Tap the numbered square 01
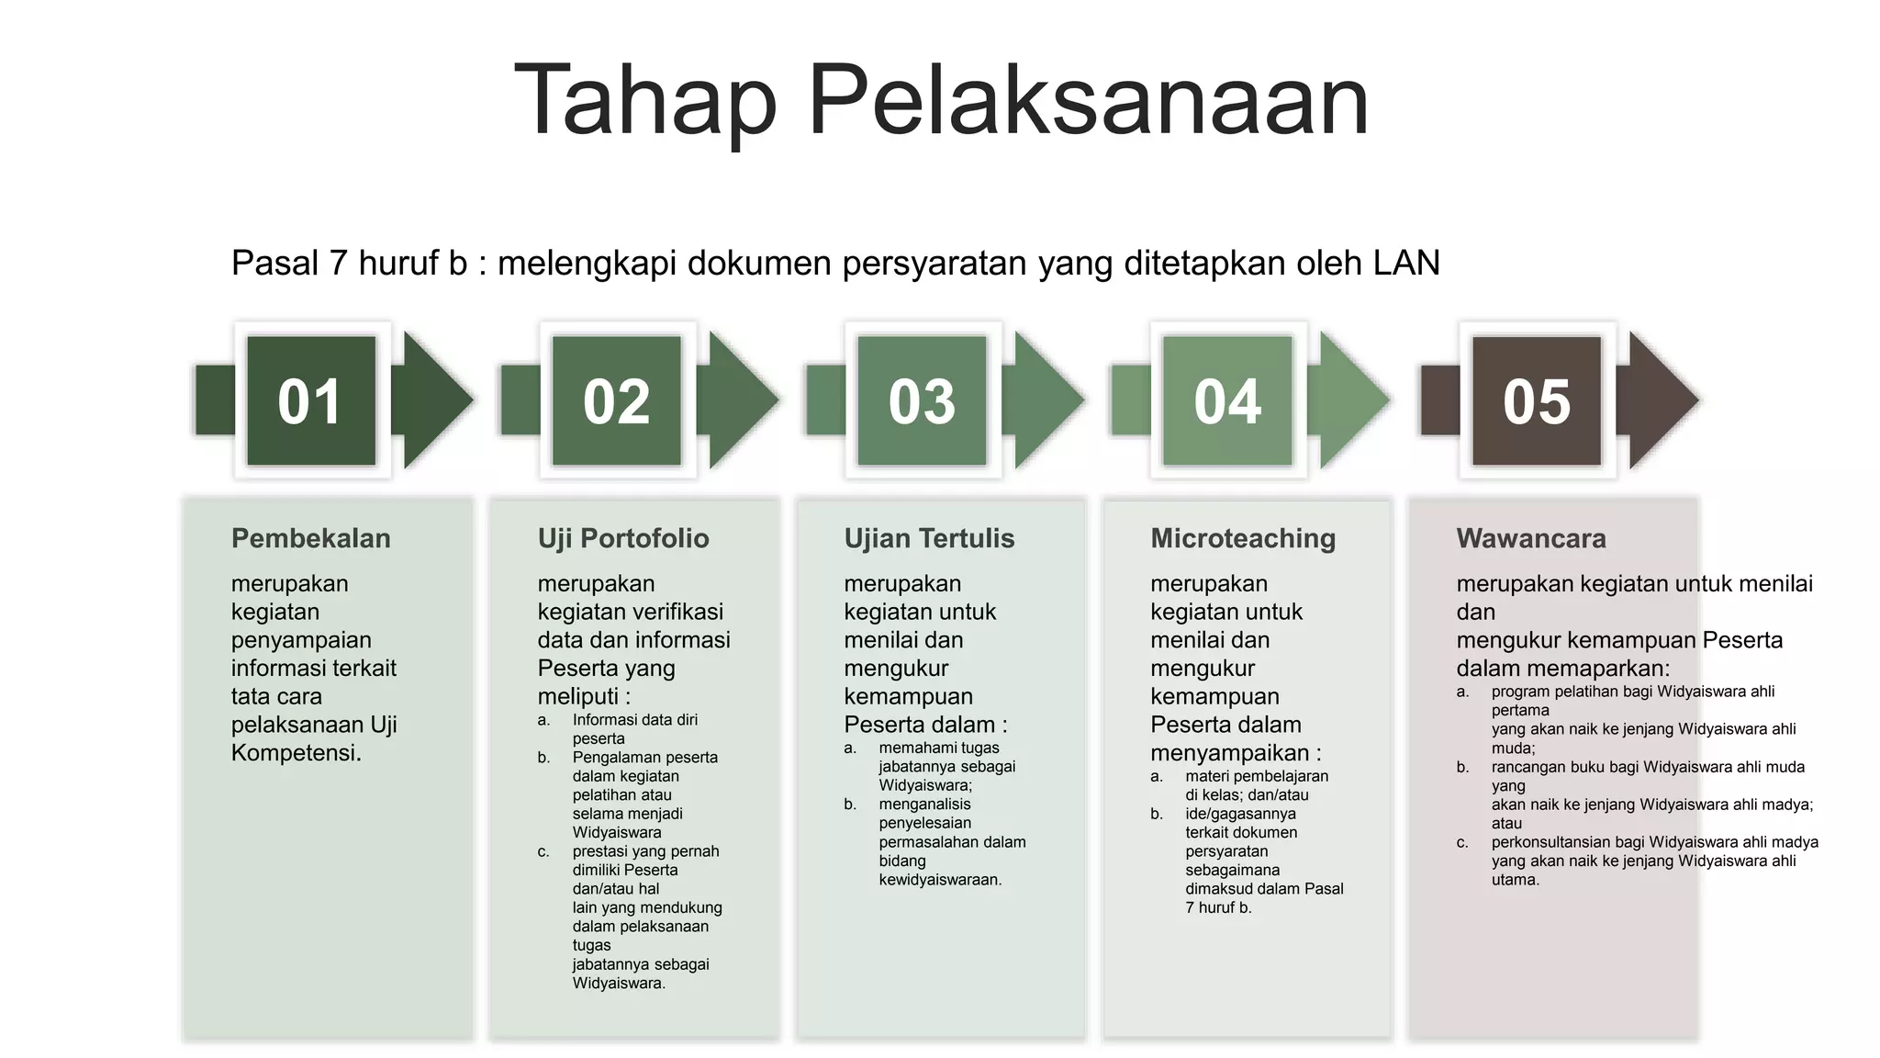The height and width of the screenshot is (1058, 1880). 311,401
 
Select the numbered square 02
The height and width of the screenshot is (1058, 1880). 617,401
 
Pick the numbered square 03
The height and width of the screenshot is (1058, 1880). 922,401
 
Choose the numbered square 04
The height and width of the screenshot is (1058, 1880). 1227,401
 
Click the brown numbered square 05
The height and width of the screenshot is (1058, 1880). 1537,401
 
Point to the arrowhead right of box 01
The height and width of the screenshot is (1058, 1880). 435,400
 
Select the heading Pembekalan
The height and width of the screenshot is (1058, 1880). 310,538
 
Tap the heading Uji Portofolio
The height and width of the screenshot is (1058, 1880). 623,538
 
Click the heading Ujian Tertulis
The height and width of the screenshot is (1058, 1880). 929,538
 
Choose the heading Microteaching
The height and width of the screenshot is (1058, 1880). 1243,538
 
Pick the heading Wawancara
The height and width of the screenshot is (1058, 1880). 1531,538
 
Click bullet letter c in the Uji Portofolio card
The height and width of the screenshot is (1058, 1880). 543,852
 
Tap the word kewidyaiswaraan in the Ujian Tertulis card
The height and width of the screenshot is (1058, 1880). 939,880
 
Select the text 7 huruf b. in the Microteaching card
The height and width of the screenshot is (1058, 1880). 1218,908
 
